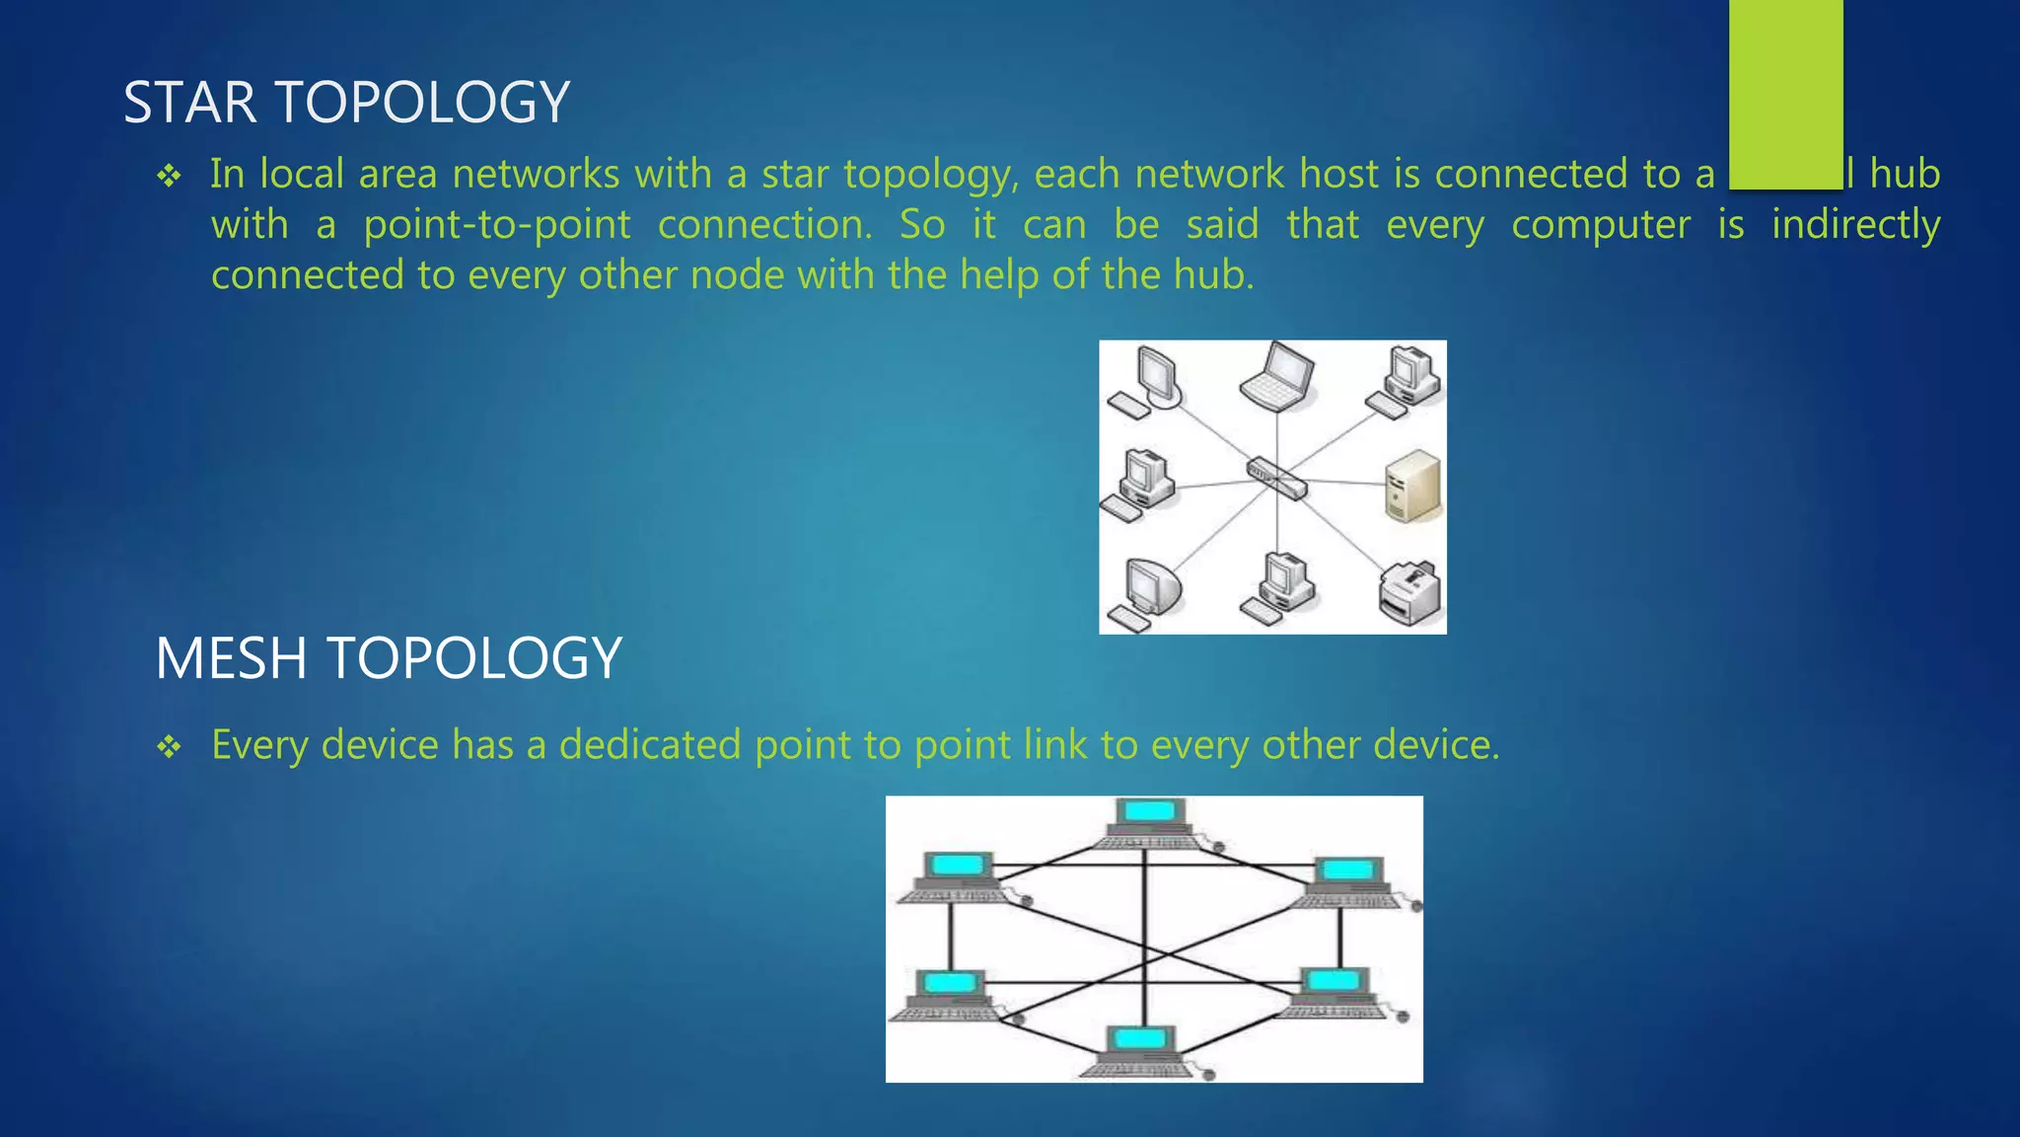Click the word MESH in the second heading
(x=232, y=658)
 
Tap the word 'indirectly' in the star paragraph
(x=1855, y=225)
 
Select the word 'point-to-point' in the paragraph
(x=497, y=225)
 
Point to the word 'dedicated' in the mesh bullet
(x=649, y=744)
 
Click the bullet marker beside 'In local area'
(x=169, y=177)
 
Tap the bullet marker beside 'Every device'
(x=169, y=747)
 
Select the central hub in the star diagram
(x=1276, y=478)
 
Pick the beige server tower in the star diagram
(x=1412, y=486)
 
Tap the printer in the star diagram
(x=1408, y=592)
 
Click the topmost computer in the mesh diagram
(x=1150, y=822)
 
